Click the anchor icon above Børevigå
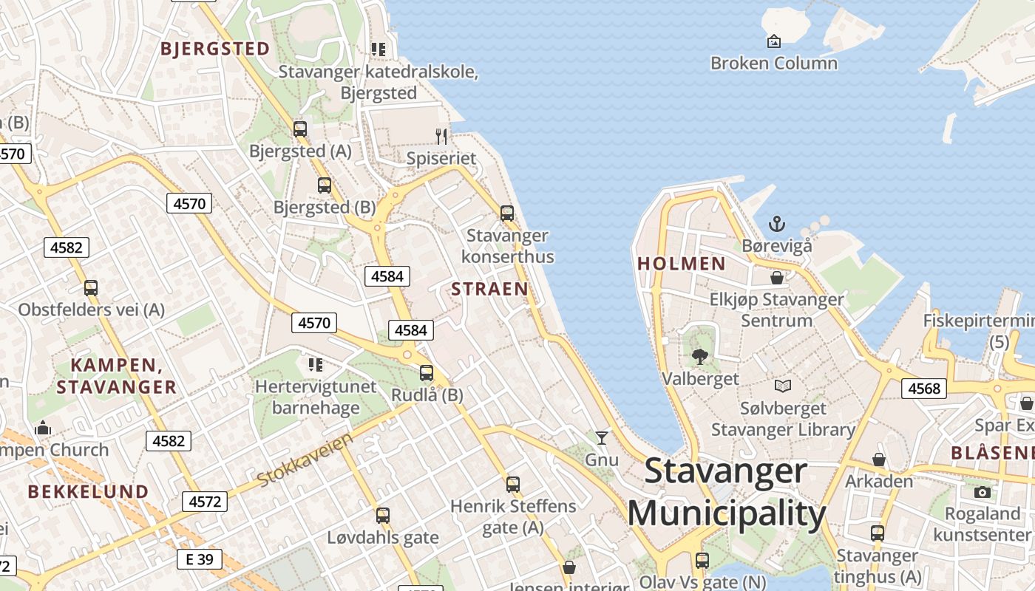(x=776, y=223)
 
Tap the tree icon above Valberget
(x=699, y=358)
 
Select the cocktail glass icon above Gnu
(x=602, y=438)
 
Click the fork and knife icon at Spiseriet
(x=441, y=136)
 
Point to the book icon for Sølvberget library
(x=782, y=386)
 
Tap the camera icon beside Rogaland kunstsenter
(x=982, y=492)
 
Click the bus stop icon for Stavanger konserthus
(x=507, y=213)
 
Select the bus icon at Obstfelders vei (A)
(x=90, y=288)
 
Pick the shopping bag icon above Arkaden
(x=878, y=460)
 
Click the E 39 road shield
(x=200, y=559)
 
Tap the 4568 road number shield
(x=923, y=389)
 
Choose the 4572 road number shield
(x=205, y=502)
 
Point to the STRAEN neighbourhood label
(x=489, y=289)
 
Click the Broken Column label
(x=773, y=64)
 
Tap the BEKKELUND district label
(x=88, y=492)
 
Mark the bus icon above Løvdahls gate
(x=382, y=516)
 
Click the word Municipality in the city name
(x=726, y=514)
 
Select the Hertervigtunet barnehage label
(x=316, y=397)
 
